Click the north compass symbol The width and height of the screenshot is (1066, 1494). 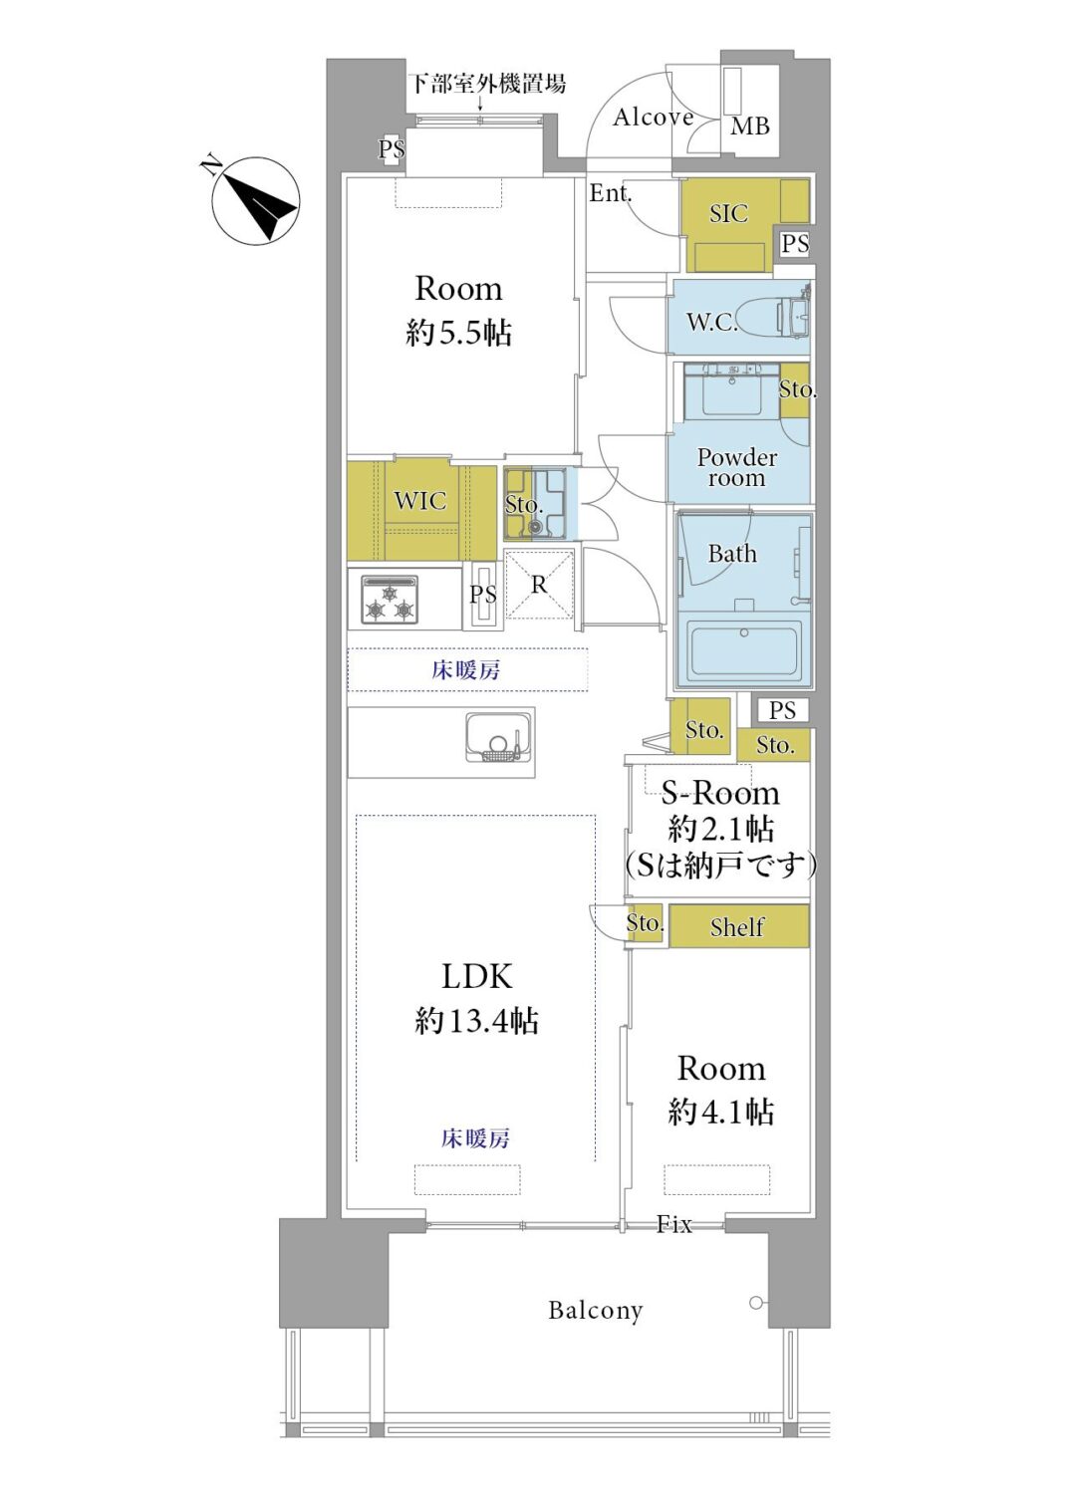[255, 201]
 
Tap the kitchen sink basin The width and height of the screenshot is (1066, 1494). [500, 737]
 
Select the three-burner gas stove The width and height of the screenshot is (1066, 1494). [391, 601]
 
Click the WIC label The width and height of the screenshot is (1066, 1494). [419, 501]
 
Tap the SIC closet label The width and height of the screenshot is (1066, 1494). [728, 213]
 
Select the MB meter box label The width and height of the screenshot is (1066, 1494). [750, 125]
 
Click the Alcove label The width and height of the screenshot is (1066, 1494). [654, 118]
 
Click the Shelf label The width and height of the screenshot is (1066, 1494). [737, 926]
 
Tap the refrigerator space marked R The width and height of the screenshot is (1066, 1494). [539, 585]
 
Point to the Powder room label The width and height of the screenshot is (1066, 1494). [737, 467]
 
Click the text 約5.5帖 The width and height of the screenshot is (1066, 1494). [458, 332]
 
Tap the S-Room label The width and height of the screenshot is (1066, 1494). [720, 793]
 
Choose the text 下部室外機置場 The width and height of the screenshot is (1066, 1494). [487, 84]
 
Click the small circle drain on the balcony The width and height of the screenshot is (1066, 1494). [755, 1303]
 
